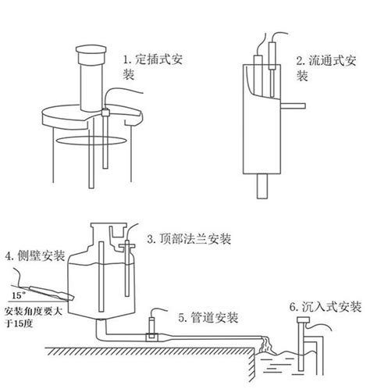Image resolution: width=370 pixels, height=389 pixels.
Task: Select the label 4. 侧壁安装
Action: tap(35, 255)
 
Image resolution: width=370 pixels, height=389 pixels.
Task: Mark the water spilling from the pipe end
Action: tap(269, 339)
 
